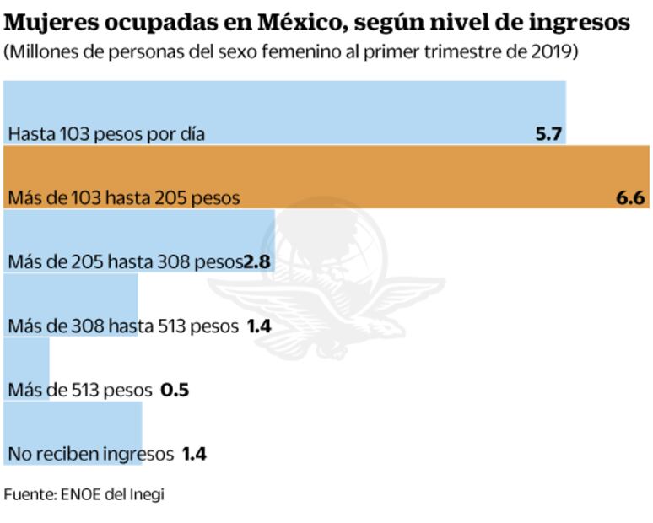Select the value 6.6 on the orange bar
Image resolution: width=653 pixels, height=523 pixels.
[630, 198]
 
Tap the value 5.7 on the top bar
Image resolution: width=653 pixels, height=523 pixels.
[548, 134]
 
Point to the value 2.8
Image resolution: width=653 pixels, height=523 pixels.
[256, 262]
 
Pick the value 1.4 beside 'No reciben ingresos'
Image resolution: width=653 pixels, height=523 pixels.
[194, 455]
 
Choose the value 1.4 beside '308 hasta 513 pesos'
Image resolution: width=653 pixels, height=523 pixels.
[258, 326]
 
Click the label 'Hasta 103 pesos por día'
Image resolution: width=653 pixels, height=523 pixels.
[106, 134]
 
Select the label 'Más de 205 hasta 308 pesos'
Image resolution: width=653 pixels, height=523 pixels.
[125, 262]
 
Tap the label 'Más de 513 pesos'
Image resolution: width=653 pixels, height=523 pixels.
[79, 391]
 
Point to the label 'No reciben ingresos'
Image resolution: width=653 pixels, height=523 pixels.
[89, 455]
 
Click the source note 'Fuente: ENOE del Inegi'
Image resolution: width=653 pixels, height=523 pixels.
[84, 494]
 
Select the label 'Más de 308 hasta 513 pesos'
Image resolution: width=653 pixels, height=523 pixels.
[123, 326]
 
